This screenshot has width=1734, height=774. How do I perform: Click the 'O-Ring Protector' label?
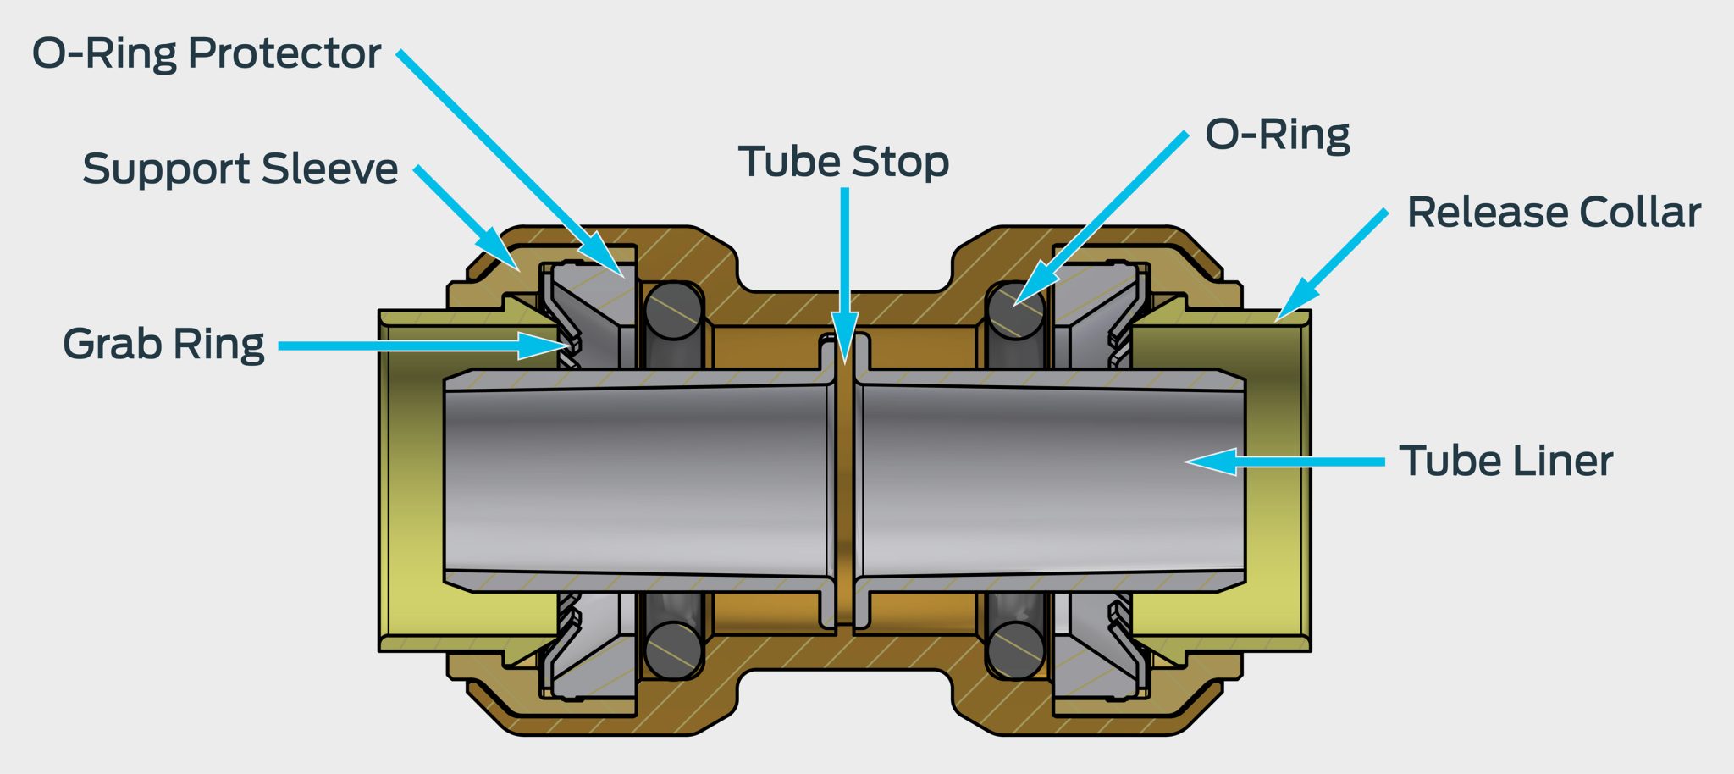[x=206, y=53]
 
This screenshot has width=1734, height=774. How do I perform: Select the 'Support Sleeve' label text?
[x=240, y=169]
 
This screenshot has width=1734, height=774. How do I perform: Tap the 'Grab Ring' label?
[x=163, y=344]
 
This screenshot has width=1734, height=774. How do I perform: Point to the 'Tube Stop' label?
[x=843, y=162]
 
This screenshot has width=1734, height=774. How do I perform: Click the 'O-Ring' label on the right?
[x=1277, y=135]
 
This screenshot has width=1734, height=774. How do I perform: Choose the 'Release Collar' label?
[x=1553, y=212]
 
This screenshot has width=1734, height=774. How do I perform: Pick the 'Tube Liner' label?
[x=1505, y=461]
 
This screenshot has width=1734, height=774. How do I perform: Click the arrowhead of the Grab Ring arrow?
[x=550, y=346]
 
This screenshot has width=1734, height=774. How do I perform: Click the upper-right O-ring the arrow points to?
[x=1016, y=310]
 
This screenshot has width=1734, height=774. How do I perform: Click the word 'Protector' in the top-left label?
[x=284, y=53]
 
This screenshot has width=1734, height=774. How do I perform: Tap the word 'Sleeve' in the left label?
[x=329, y=169]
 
